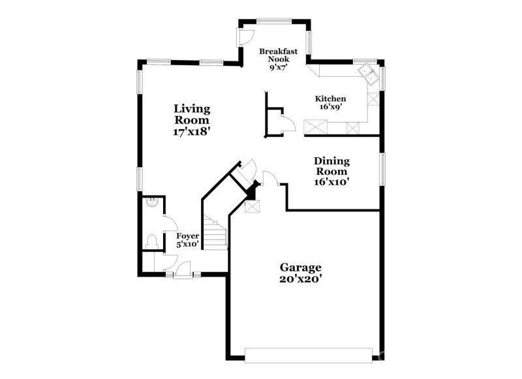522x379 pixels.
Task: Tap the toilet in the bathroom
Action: coord(153,241)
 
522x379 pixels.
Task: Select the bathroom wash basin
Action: coord(151,203)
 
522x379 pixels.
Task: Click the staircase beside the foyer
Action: coord(214,231)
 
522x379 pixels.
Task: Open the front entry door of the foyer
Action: coord(183,269)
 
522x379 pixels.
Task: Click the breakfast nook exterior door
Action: coord(247,37)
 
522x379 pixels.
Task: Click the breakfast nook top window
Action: coord(274,20)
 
